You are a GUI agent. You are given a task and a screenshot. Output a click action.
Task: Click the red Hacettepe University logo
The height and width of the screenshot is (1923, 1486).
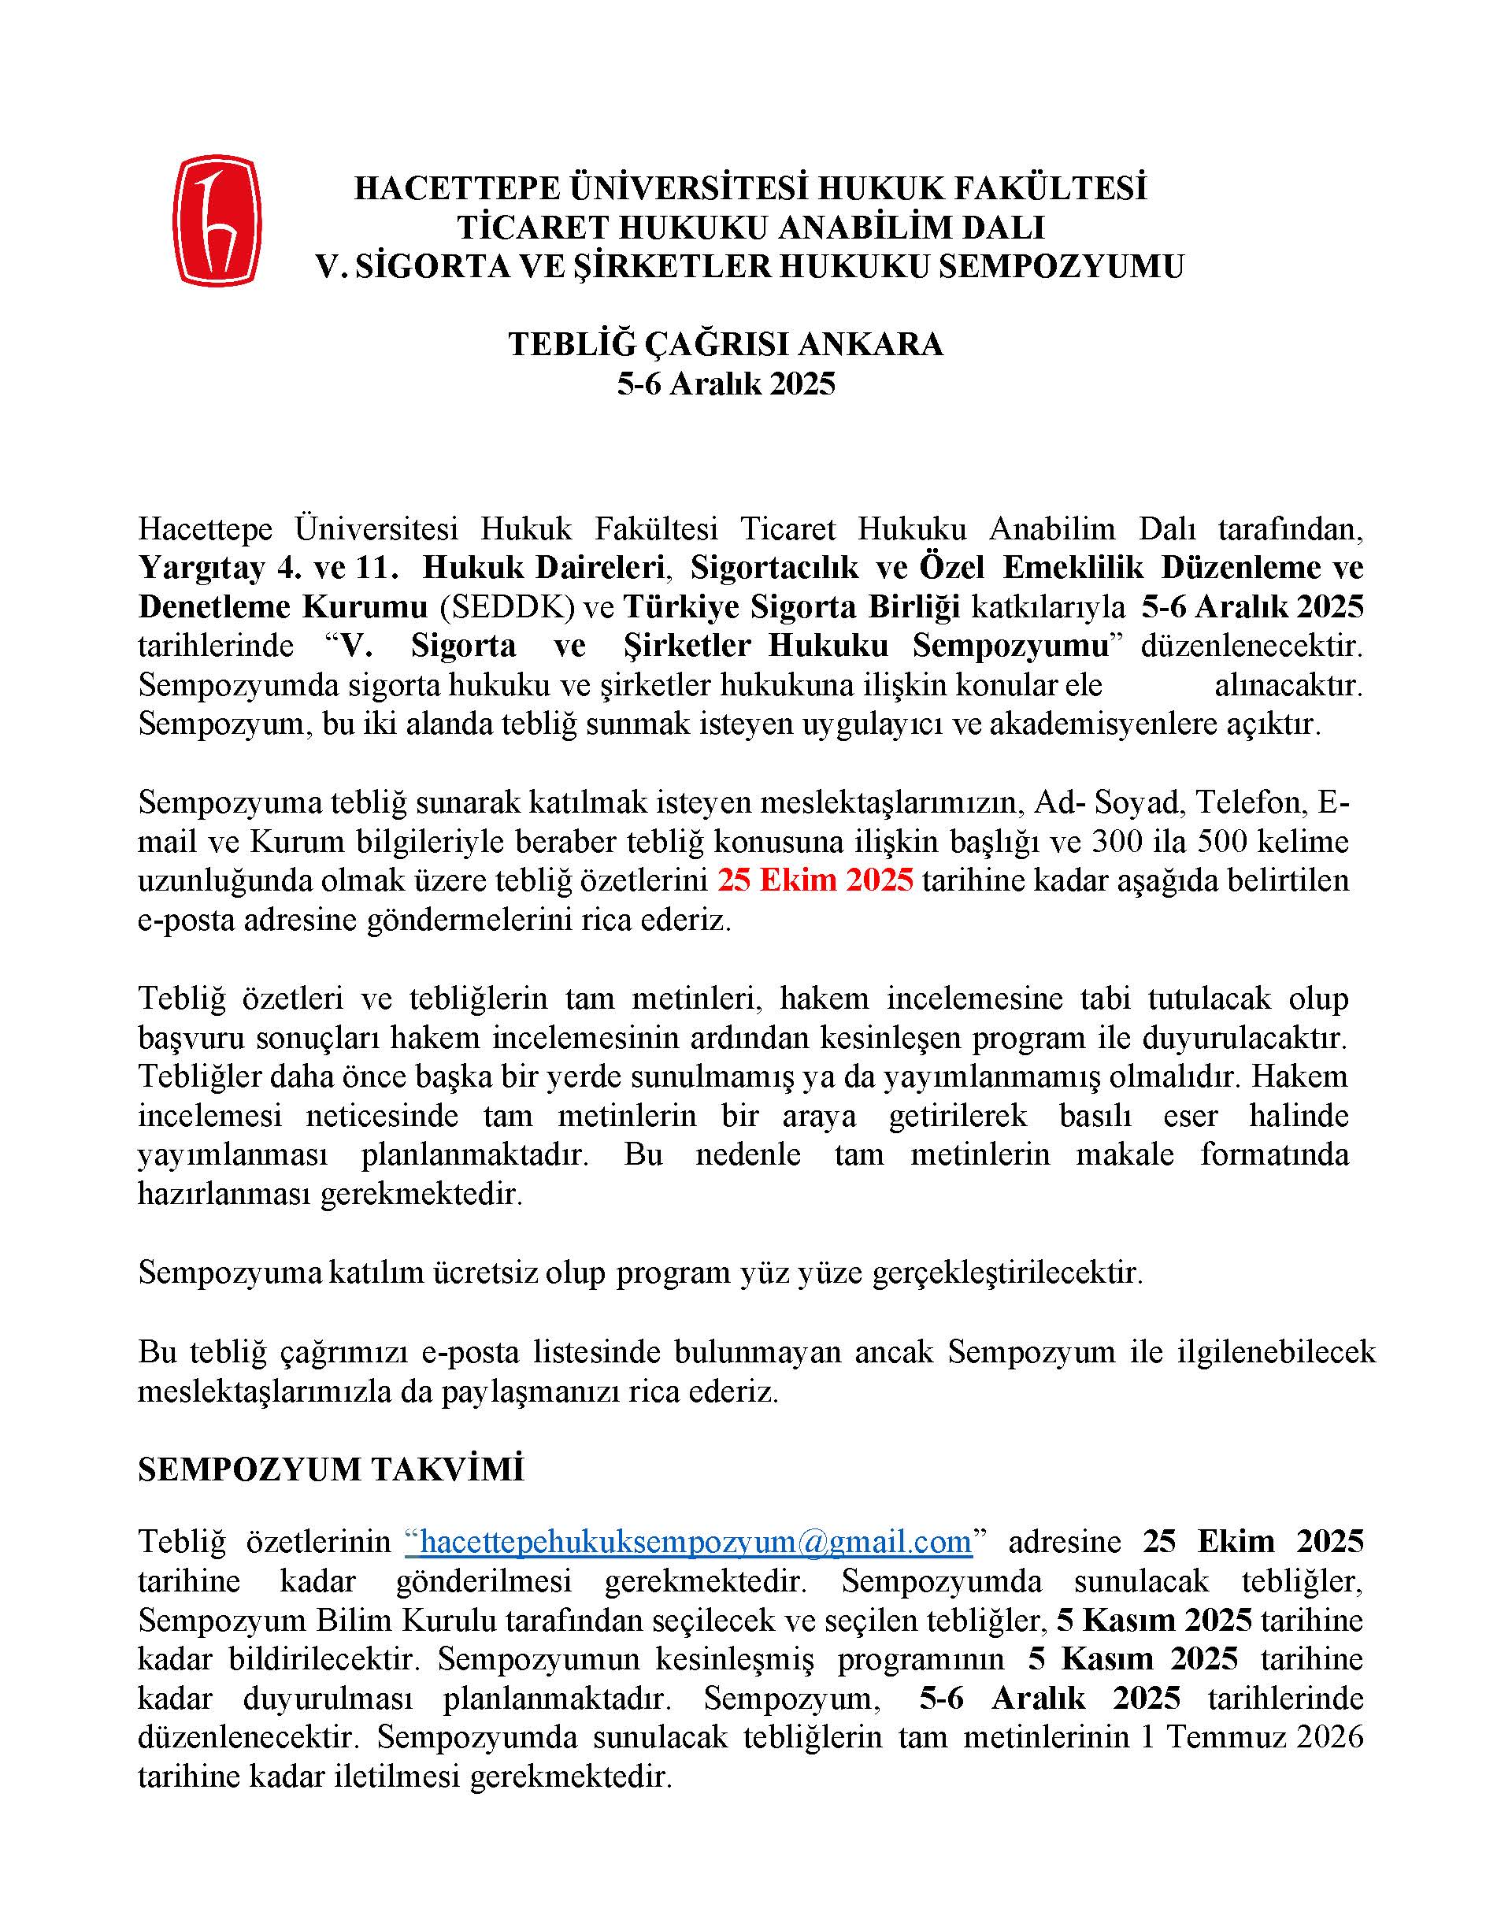(217, 220)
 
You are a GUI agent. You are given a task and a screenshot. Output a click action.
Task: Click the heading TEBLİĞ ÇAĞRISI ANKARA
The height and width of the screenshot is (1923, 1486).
(725, 343)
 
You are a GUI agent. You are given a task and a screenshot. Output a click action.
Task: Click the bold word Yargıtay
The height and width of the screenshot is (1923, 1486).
(202, 568)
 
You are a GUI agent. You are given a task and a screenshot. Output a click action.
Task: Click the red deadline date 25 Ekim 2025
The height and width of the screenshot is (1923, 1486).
(815, 880)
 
